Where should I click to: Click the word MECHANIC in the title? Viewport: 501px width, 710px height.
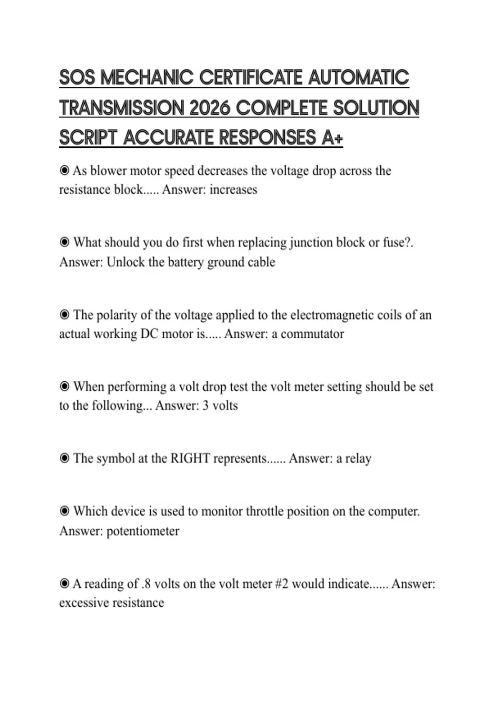[x=147, y=78]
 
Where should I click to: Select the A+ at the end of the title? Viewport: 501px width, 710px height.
[x=332, y=137]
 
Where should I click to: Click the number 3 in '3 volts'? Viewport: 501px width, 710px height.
[x=205, y=406]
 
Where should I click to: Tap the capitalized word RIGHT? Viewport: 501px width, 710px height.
[x=190, y=459]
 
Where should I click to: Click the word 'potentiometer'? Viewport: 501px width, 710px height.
[x=143, y=531]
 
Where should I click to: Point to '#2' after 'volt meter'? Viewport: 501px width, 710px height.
[x=282, y=583]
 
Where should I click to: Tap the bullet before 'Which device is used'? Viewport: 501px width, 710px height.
[x=64, y=511]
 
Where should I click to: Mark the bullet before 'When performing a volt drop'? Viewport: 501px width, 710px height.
[x=64, y=386]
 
